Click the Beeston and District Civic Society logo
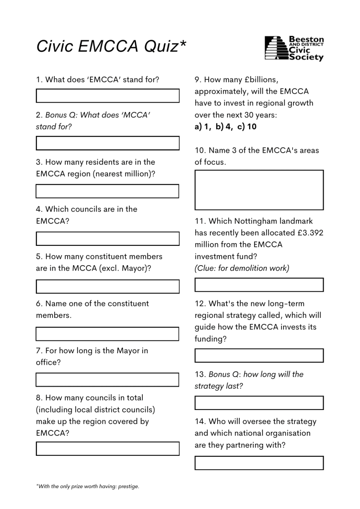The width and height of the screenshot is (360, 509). (294, 48)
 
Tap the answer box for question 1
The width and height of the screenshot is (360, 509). (107, 96)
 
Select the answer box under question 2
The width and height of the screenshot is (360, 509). (107, 143)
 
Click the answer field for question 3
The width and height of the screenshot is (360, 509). (107, 191)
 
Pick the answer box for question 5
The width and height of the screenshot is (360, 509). (107, 287)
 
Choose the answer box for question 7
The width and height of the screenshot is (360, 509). (107, 380)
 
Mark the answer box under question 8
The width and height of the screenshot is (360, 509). (107, 449)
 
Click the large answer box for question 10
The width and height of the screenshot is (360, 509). (259, 190)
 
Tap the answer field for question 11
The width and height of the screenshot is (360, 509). (259, 285)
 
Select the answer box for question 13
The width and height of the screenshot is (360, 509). (259, 403)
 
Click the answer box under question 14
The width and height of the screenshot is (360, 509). (259, 463)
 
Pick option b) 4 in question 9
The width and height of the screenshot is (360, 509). (222, 127)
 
